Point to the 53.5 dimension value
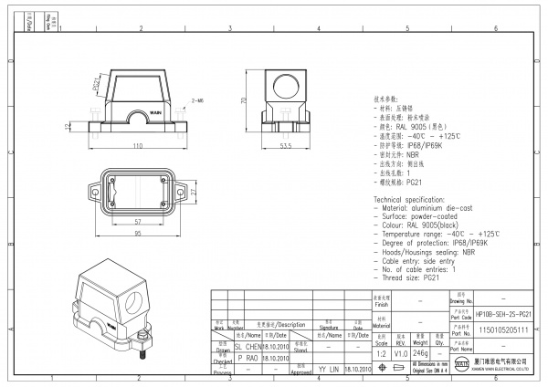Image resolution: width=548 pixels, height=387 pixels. point(284,145)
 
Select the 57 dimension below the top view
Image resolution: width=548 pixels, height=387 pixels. point(136,222)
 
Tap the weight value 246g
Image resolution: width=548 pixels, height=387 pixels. point(420,351)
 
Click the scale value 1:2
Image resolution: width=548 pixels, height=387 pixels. point(380,351)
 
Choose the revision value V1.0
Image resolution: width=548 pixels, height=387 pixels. point(400,351)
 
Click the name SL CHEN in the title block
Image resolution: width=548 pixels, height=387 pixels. point(250,347)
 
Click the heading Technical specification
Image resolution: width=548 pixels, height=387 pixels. point(413,199)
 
